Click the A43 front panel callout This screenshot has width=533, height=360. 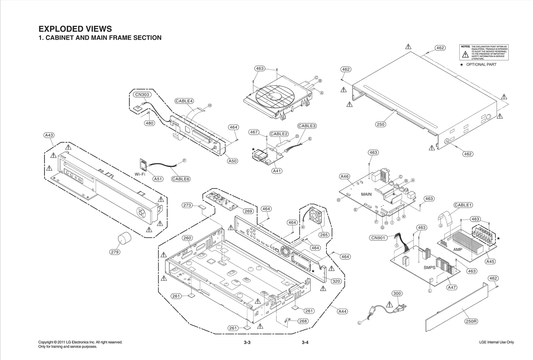[49, 135]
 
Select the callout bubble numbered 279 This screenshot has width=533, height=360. [115, 252]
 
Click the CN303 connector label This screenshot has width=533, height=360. [142, 95]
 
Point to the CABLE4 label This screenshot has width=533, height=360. [184, 101]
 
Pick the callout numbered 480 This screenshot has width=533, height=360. [149, 123]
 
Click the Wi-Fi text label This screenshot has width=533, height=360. [140, 174]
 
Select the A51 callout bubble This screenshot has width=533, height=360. [158, 179]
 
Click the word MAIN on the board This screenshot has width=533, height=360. [366, 194]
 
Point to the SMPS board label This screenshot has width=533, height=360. [429, 267]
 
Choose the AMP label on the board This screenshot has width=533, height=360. [458, 249]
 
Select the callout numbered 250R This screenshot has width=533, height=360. [471, 321]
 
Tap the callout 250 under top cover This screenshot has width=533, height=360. [380, 124]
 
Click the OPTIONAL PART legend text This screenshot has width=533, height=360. [481, 65]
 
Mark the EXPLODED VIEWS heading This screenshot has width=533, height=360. [75, 29]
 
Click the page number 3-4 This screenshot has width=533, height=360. [305, 342]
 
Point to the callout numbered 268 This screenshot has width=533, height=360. [303, 321]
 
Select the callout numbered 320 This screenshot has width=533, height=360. [336, 281]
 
